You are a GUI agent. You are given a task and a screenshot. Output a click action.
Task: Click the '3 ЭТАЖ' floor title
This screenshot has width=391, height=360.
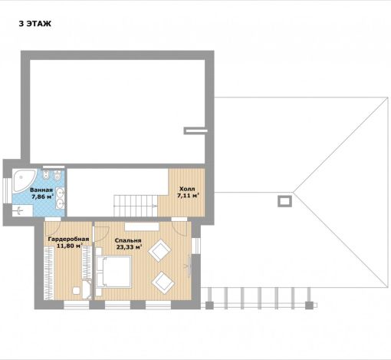coord(35,24)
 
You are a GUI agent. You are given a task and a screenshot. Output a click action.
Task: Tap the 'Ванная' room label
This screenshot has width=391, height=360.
coord(41,190)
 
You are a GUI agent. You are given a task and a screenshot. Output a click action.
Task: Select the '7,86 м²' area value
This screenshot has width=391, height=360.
coord(42,197)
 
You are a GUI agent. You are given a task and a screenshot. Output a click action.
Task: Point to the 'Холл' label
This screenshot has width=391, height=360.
coord(187,189)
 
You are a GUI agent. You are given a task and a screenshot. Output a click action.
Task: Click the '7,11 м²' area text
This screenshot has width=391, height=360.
coord(188,196)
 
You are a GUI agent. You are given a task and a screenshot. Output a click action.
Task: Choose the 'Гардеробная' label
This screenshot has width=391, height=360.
coord(68,239)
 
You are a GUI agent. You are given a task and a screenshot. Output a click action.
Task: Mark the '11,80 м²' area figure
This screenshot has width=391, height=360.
coord(69,246)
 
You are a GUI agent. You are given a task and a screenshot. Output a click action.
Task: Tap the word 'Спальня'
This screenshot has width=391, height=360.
coord(128,241)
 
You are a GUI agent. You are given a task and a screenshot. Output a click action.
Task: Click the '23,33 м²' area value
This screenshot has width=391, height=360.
coord(130,247)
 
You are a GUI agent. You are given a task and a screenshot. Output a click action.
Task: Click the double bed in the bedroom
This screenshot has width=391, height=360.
coord(113,272)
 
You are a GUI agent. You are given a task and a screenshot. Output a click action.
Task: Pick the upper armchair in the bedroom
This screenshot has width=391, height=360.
coord(159,250)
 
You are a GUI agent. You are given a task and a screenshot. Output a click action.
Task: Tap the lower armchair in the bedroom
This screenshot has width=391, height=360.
coord(163,282)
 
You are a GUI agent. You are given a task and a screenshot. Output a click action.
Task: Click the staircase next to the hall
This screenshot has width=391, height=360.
coord(136,206)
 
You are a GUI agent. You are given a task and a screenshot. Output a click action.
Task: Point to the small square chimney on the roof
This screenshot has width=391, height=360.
coord(284,201)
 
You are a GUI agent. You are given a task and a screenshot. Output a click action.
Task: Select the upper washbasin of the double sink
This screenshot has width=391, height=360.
coord(61,192)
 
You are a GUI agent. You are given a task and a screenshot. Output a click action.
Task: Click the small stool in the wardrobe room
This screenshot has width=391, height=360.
coord(77,290)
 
